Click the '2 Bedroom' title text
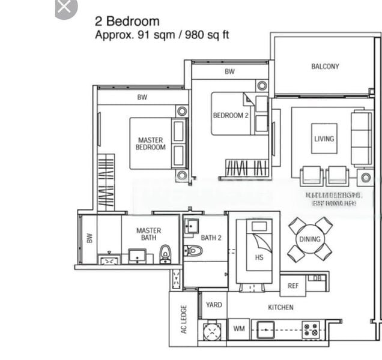click(127, 22)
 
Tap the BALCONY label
click(324, 67)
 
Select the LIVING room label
click(324, 139)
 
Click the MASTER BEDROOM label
click(150, 144)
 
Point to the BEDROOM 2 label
click(230, 115)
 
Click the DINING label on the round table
click(310, 239)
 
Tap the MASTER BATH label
click(148, 234)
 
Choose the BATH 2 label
click(211, 238)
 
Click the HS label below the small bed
click(259, 258)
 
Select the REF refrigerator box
click(293, 286)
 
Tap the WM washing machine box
click(238, 329)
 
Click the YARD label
click(214, 305)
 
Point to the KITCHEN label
click(280, 307)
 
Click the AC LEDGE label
click(184, 319)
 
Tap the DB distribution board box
click(317, 278)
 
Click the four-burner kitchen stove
click(310, 329)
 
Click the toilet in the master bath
click(165, 254)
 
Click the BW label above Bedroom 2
click(229, 71)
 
